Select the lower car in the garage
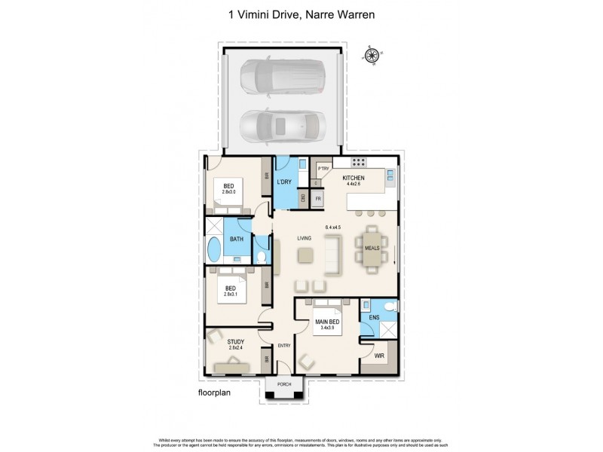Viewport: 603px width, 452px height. click(280, 126)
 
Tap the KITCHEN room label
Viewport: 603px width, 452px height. click(354, 178)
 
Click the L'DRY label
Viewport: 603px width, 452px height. click(285, 183)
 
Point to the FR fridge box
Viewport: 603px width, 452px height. click(319, 199)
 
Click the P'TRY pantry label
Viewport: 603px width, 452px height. click(324, 168)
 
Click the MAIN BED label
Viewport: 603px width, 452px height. click(328, 322)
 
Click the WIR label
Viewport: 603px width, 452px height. click(379, 353)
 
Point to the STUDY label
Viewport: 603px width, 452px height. click(235, 342)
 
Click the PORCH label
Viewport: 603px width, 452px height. click(283, 384)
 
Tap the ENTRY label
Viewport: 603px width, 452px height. click(284, 346)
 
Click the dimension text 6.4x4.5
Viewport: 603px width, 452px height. click(333, 227)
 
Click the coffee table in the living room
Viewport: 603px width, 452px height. click(305, 255)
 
